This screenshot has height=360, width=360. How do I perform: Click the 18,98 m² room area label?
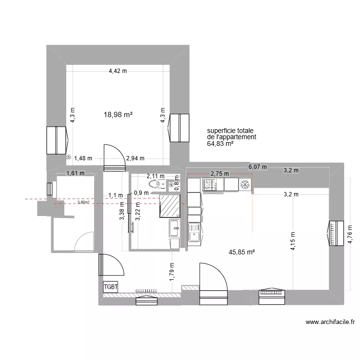118,115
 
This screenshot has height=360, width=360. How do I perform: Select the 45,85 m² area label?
241,251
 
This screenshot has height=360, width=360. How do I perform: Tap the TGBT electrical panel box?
110,287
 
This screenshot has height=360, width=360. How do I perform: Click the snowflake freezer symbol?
245,184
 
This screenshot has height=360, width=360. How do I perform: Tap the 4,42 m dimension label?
118,71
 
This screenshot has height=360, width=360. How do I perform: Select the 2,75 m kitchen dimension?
219,174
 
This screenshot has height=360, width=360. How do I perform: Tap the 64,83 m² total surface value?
220,143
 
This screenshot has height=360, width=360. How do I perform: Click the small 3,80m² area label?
83,203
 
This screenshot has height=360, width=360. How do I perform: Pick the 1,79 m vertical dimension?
171,270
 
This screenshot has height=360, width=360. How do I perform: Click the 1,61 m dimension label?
75,173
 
